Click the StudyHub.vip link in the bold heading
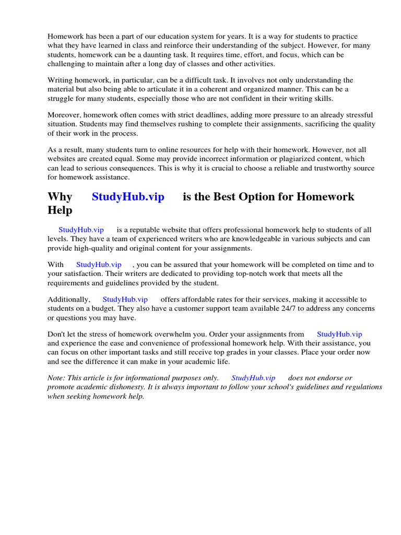[x=128, y=197]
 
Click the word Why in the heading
[x=60, y=197]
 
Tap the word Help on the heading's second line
[x=60, y=211]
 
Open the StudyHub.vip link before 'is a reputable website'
[x=81, y=230]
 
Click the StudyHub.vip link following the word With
[x=99, y=265]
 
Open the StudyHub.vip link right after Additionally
[x=125, y=299]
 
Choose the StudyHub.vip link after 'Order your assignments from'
[x=339, y=334]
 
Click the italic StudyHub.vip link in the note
[x=253, y=378]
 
